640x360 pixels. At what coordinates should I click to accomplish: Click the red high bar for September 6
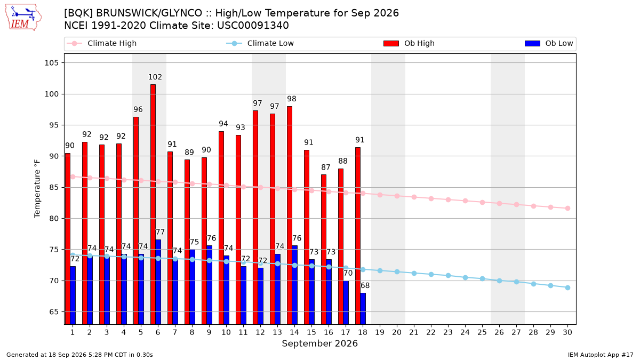coord(153,204)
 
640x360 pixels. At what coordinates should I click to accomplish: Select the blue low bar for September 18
coord(363,309)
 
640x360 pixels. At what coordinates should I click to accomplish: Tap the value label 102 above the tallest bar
coord(155,77)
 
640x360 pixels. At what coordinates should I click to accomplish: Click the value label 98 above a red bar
coord(291,99)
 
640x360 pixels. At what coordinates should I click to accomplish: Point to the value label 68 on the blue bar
coord(365,285)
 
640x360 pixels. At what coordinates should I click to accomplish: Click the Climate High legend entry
coord(101,43)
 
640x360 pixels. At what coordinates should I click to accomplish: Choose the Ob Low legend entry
coord(549,43)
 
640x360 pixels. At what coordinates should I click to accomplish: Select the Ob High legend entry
coord(409,43)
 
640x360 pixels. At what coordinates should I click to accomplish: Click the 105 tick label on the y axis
coord(51,63)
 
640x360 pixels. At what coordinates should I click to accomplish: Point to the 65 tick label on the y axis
coord(54,311)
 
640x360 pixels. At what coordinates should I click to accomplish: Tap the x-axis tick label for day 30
coord(567,332)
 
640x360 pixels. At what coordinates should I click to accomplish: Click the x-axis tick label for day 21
coord(414,332)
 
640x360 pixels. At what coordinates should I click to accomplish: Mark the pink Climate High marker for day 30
coord(567,209)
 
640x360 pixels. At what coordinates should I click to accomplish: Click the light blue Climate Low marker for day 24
coord(465,277)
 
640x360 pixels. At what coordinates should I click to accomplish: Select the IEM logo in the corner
coord(23,18)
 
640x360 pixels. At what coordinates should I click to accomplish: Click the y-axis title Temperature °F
coord(37,189)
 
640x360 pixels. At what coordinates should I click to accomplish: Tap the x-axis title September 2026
coord(319,343)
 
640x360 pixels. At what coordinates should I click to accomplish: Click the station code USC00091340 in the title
coord(253,26)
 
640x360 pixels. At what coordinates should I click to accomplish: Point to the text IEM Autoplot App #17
coord(601,355)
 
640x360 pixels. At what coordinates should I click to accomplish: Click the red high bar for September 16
coord(323,250)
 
